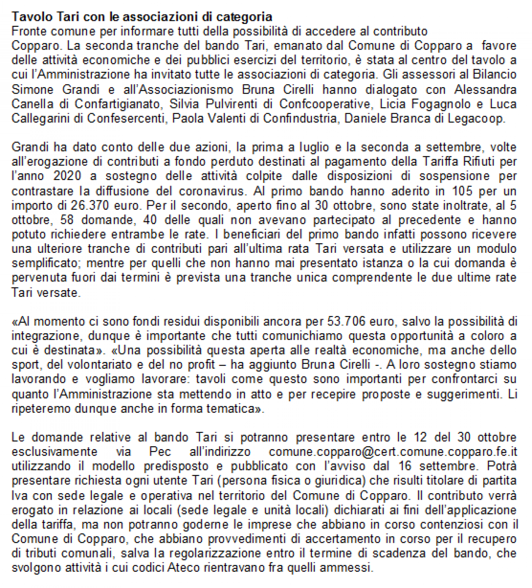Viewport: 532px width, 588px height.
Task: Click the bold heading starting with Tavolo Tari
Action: tap(142, 17)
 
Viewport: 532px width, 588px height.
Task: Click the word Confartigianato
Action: tap(118, 104)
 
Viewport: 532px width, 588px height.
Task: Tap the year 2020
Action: tap(67, 176)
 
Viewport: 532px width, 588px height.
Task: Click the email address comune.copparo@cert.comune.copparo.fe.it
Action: tap(393, 452)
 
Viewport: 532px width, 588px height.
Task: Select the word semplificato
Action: tap(46, 263)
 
